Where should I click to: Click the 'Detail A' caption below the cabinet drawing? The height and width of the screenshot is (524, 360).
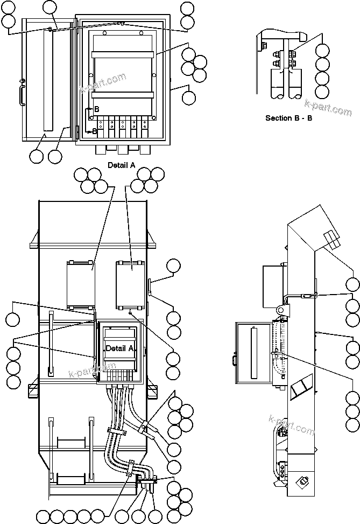[121, 165]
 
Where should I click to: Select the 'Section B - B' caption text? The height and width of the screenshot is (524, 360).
[289, 117]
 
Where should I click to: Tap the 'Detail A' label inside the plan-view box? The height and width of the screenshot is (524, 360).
[119, 348]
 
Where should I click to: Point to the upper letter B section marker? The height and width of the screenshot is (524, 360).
[96, 109]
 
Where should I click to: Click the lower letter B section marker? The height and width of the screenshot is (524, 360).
[95, 130]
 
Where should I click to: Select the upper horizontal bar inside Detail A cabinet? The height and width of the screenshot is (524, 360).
[123, 54]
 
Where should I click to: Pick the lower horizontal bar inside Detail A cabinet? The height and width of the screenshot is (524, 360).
[123, 95]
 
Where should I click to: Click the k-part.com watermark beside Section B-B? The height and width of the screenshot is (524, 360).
[328, 107]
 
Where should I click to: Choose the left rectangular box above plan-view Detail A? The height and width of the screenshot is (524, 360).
[81, 284]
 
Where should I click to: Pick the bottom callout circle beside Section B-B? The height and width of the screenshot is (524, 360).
[322, 92]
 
